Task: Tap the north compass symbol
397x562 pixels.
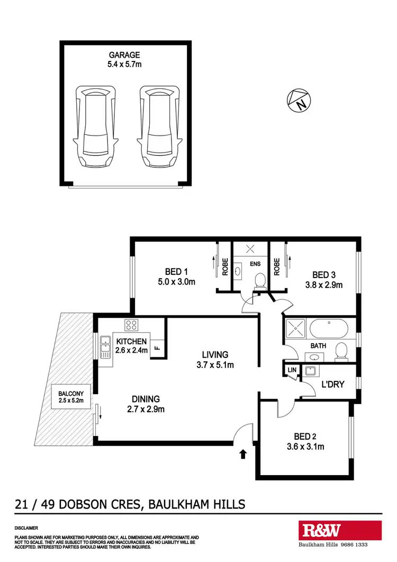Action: click(300, 101)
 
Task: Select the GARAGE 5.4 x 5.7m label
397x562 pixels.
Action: click(125, 59)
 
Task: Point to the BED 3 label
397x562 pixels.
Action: click(324, 275)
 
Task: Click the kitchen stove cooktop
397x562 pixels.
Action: click(131, 325)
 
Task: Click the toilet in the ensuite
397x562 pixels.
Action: click(259, 280)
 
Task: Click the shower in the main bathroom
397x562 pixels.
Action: click(295, 329)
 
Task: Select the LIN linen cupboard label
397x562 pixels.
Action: click(291, 370)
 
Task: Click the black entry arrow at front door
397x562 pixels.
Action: click(243, 453)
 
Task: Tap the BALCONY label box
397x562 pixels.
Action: click(71, 397)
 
